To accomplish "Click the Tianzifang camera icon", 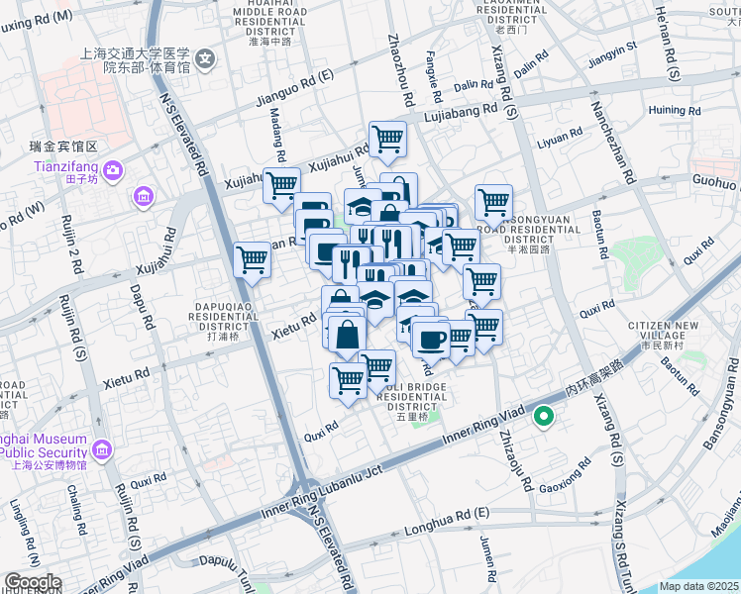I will tap(112, 170).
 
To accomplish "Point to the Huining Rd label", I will tap(675, 110).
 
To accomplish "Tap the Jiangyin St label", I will tap(611, 50).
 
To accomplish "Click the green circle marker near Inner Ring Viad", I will tap(543, 418).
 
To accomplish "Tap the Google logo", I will tap(32, 582).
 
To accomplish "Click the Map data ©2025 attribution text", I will tap(699, 586).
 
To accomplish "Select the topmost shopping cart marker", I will tap(386, 139).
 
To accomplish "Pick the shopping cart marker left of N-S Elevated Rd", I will tap(253, 260).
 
